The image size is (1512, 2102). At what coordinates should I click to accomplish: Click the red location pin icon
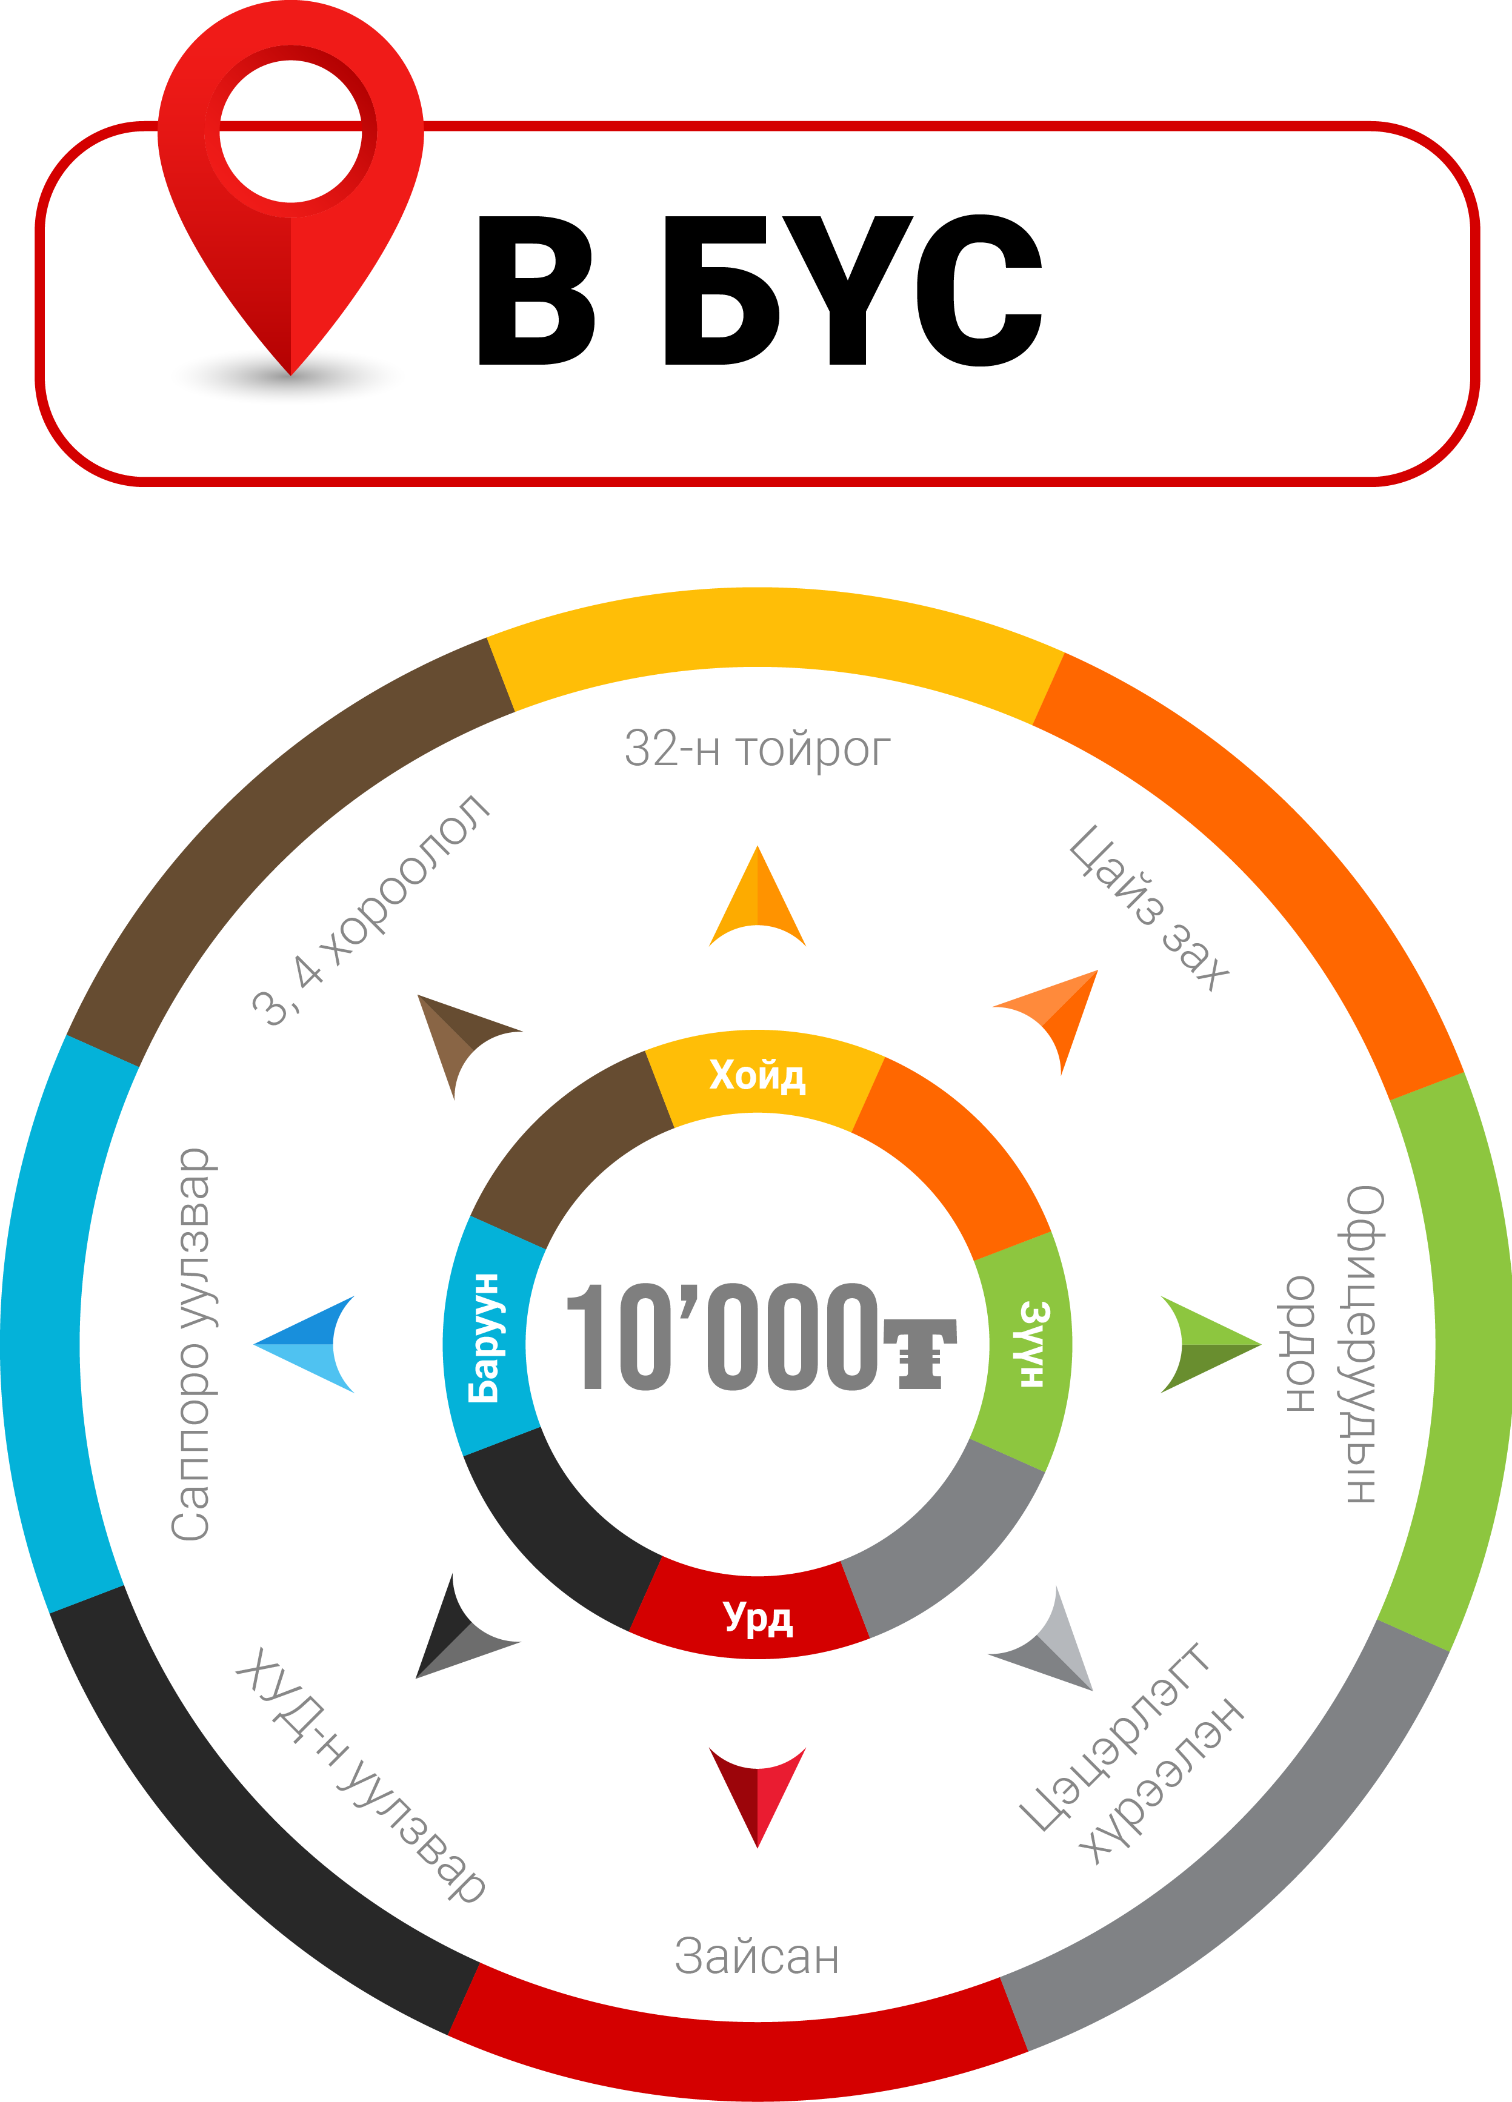[290, 185]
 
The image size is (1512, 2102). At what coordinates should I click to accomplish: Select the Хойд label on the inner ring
[758, 1075]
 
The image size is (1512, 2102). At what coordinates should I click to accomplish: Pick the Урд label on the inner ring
[758, 1618]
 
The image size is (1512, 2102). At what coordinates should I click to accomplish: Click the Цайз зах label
[1150, 908]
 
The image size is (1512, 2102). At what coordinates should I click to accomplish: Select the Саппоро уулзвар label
[191, 1344]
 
